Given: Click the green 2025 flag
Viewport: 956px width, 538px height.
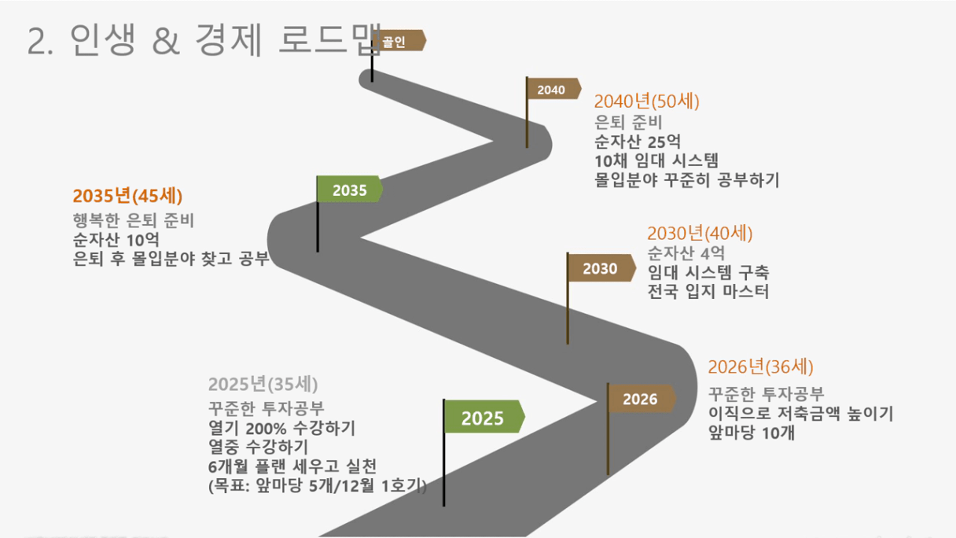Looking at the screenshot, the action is pos(484,417).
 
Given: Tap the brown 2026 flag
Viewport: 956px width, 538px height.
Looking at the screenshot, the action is pos(642,399).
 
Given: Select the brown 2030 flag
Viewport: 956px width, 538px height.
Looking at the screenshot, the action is pos(601,268).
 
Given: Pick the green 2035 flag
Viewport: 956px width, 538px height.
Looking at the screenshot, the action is pos(350,189).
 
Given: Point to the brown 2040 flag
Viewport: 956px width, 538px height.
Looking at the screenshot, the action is pos(554,89).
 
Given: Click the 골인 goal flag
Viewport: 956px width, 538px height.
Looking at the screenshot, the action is pos(399,41).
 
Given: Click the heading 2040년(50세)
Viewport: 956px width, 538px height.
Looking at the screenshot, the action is pos(646,101).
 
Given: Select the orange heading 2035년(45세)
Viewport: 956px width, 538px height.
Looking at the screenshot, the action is pos(127,196).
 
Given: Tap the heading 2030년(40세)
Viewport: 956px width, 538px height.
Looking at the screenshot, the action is pos(700,233).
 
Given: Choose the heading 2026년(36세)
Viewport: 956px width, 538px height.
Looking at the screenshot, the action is pos(760,367).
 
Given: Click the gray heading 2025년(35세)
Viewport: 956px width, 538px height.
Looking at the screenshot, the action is pos(263,384).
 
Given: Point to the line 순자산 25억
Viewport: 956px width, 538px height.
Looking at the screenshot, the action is pos(638,142).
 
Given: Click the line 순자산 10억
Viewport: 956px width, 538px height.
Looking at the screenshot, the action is pos(116,240).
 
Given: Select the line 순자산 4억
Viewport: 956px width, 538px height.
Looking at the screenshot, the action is pos(686,253).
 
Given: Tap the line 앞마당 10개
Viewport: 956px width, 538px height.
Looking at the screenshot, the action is pos(751,433).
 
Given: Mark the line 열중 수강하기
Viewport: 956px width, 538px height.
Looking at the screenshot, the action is pos(258,447).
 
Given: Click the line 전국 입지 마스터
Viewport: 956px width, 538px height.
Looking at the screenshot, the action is pos(708,291).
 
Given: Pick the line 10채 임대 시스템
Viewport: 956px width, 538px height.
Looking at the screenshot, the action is pos(656,161).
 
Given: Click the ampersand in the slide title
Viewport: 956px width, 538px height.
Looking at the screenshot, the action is pos(166,41).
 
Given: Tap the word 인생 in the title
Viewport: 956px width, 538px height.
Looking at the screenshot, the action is pos(102,39).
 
